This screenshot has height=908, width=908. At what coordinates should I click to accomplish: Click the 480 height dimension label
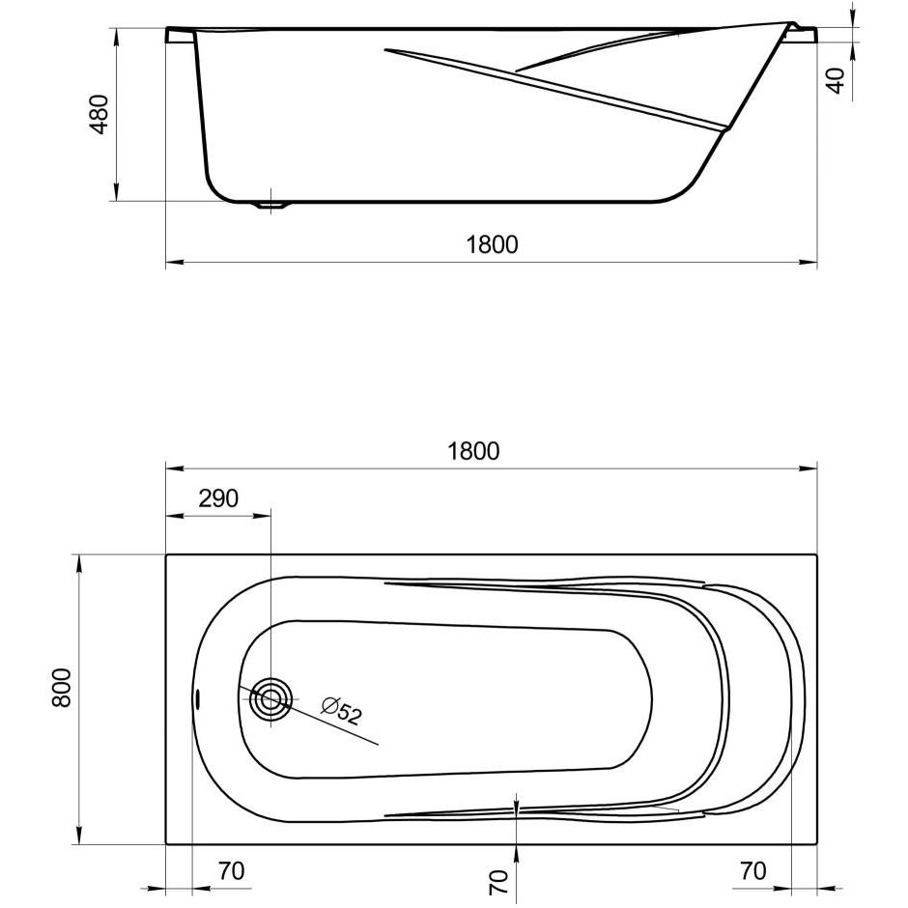(100, 114)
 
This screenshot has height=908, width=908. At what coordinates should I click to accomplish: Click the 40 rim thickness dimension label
(836, 80)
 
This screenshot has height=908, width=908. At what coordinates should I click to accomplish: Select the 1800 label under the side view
(493, 245)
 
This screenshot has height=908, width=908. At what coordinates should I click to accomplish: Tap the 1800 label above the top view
(473, 451)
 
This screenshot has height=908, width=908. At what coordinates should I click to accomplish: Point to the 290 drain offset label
(218, 498)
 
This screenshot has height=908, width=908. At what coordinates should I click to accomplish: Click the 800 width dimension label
(62, 688)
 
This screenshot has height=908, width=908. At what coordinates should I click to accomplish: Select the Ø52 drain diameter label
(342, 711)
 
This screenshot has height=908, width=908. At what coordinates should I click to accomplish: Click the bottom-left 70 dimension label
(232, 870)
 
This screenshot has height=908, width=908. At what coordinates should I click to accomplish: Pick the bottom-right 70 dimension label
(753, 870)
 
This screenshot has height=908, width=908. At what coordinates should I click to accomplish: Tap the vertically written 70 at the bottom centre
(498, 882)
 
